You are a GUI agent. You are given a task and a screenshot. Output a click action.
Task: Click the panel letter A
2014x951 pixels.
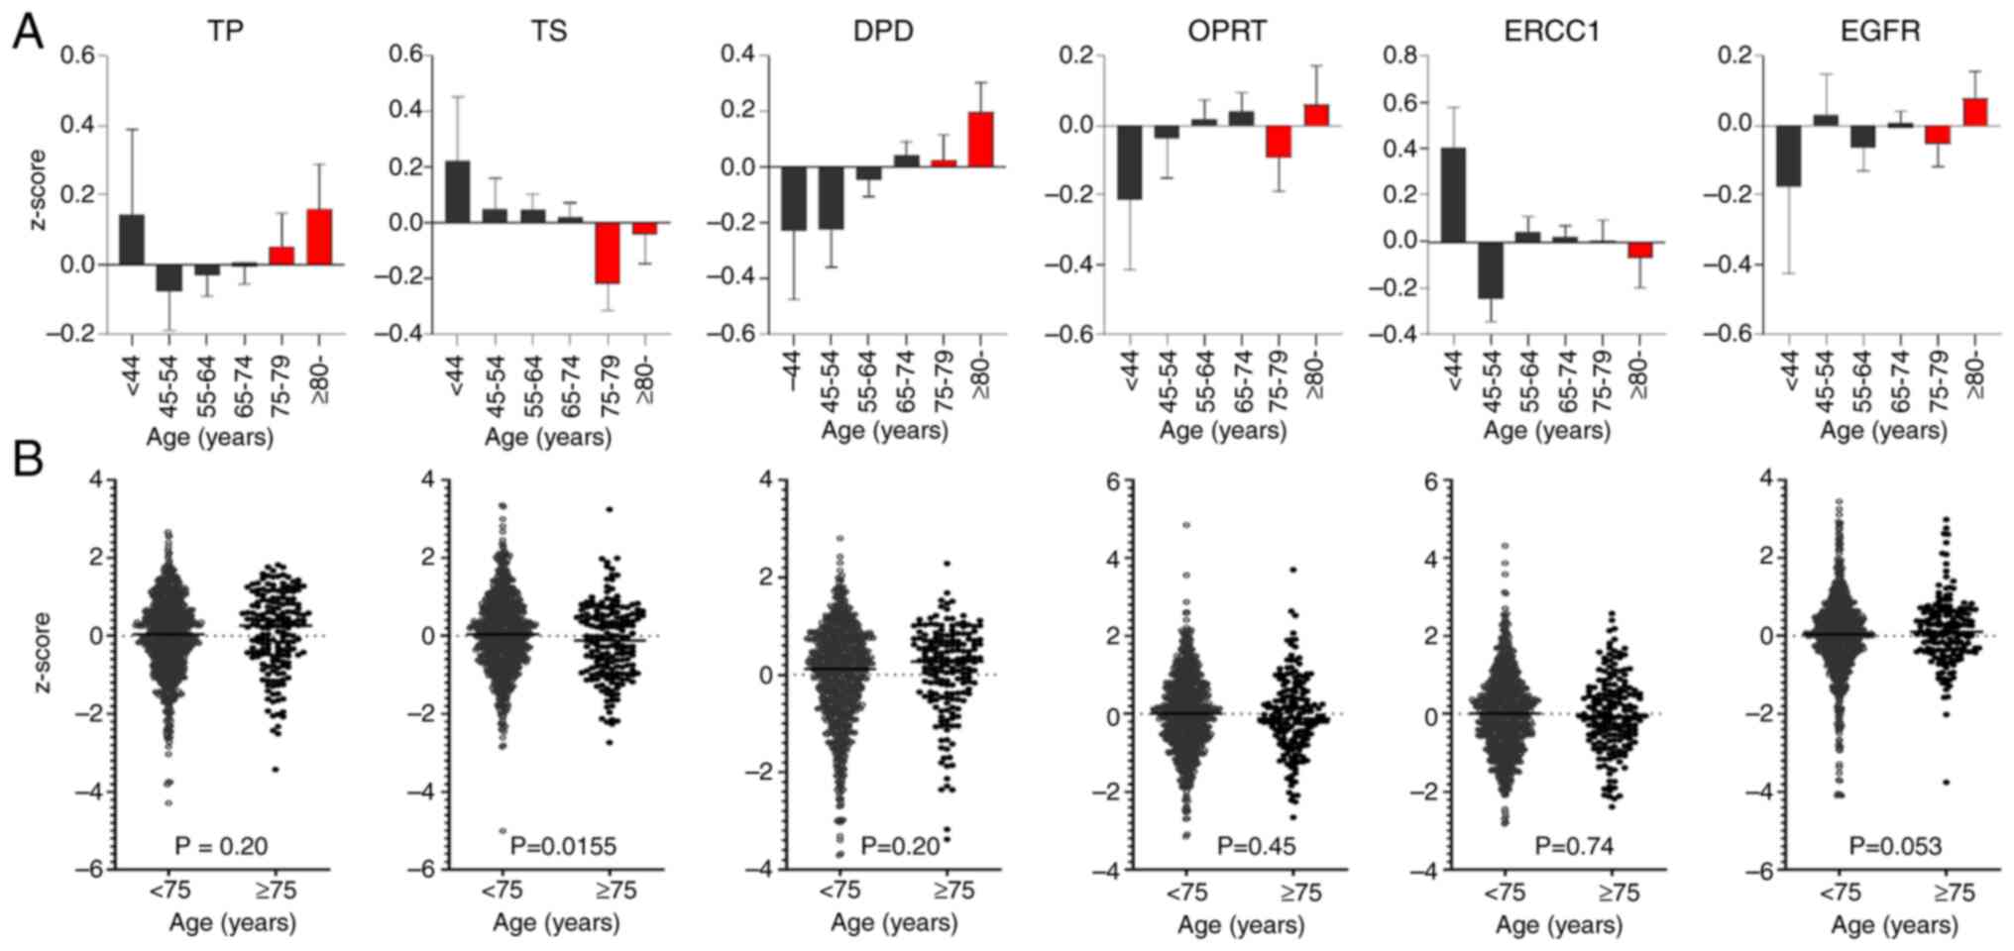pyautogui.click(x=28, y=33)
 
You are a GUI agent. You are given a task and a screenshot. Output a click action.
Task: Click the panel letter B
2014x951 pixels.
pyautogui.click(x=28, y=459)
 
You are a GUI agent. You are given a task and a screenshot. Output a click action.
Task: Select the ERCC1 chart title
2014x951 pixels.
pyautogui.click(x=1551, y=32)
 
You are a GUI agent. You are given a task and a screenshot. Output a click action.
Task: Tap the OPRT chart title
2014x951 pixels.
pyautogui.click(x=1226, y=32)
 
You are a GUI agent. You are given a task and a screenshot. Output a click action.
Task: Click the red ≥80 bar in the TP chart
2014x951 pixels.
pyautogui.click(x=319, y=237)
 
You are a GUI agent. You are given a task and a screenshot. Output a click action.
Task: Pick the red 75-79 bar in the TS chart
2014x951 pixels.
pyautogui.click(x=607, y=253)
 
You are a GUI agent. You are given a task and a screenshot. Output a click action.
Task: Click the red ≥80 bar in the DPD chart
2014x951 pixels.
pyautogui.click(x=980, y=140)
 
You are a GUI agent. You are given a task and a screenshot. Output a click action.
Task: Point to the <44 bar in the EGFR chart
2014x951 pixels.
pyautogui.click(x=1788, y=156)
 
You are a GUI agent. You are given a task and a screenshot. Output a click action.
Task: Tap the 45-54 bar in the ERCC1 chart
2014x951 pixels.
pyautogui.click(x=1491, y=270)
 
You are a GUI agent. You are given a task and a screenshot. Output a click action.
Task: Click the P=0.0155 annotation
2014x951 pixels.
pyautogui.click(x=563, y=846)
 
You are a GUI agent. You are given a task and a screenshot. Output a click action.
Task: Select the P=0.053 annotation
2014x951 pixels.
pyautogui.click(x=1895, y=846)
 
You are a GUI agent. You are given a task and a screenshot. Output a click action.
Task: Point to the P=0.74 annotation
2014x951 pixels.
pyautogui.click(x=1574, y=846)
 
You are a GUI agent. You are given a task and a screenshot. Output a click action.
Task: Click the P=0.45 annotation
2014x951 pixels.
pyautogui.click(x=1256, y=846)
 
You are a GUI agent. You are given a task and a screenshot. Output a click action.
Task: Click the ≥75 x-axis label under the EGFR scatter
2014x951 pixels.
pyautogui.click(x=1954, y=893)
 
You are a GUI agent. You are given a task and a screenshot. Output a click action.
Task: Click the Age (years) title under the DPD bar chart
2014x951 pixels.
pyautogui.click(x=884, y=431)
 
